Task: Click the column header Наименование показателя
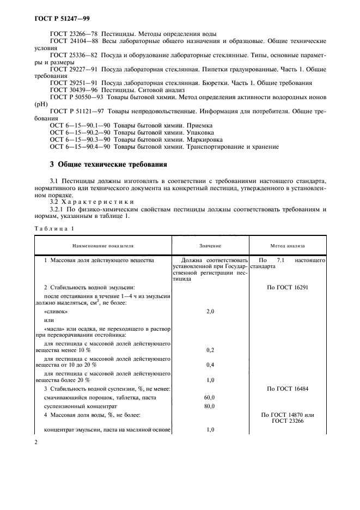pyautogui.click(x=104, y=246)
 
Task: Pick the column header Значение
pyautogui.click(x=210, y=246)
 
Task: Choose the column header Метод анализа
pyautogui.click(x=288, y=246)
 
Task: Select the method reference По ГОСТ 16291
pyautogui.click(x=288, y=287)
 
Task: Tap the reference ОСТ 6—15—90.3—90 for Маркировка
pyautogui.click(x=78, y=139)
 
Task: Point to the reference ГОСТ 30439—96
pyautogui.click(x=72, y=90)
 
